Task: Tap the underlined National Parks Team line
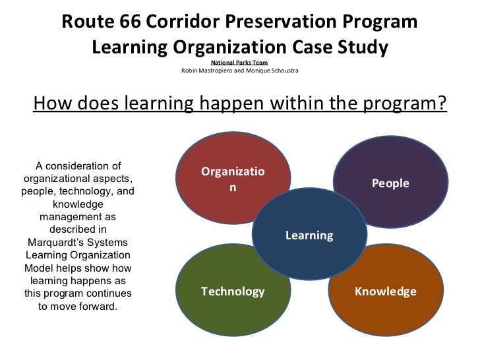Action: tap(239, 63)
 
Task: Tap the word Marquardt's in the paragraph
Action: tap(53, 242)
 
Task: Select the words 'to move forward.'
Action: tap(78, 306)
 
